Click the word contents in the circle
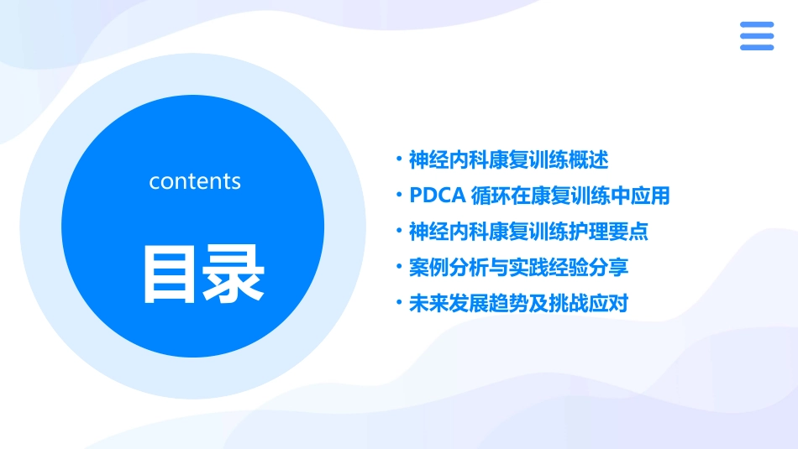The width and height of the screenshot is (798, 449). click(x=195, y=181)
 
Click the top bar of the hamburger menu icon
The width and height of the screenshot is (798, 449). click(x=756, y=25)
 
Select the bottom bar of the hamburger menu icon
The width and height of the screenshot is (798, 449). click(x=756, y=47)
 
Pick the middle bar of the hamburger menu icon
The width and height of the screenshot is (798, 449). click(x=756, y=36)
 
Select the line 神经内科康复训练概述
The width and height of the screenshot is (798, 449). click(x=508, y=159)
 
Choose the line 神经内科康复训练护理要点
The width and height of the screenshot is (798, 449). click(x=528, y=232)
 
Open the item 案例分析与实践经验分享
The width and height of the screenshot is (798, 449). click(x=518, y=268)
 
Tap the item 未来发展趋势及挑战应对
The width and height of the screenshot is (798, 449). click(x=518, y=304)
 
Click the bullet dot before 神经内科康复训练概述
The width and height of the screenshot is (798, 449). click(x=399, y=159)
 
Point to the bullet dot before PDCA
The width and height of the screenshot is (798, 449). click(x=399, y=196)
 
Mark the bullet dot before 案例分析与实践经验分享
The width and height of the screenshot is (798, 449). click(x=399, y=268)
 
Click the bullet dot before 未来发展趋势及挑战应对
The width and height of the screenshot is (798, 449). click(x=399, y=304)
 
